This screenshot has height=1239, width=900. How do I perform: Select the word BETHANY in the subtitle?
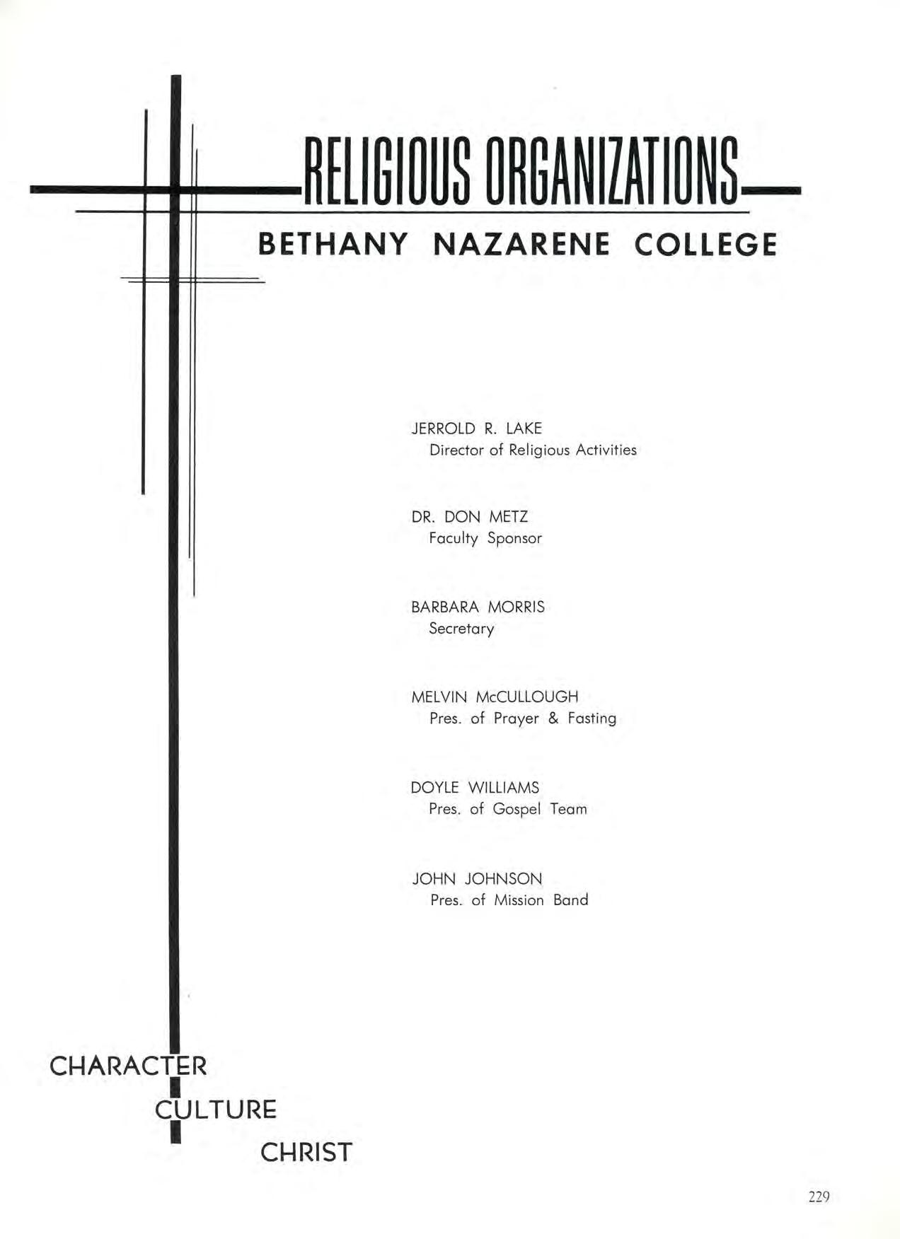[333, 245]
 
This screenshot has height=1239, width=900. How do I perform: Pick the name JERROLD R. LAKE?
[477, 429]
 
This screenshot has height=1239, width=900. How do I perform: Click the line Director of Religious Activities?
[533, 450]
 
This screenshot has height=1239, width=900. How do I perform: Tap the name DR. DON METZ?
[469, 517]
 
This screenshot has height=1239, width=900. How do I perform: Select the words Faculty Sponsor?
[485, 539]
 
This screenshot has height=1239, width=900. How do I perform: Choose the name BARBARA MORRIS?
[478, 607]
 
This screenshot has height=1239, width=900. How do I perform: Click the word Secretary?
[461, 629]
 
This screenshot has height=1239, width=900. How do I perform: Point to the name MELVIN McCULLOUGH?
[495, 697]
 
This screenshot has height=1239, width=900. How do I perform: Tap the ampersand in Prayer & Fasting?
[553, 719]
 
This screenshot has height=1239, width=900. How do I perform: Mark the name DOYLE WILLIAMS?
[475, 788]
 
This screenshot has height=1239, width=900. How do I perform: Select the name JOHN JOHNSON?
[478, 879]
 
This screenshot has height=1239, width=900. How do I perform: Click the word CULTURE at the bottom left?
[217, 1109]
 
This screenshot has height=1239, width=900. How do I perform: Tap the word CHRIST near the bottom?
[306, 1153]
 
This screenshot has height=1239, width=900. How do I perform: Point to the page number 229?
[818, 1197]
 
